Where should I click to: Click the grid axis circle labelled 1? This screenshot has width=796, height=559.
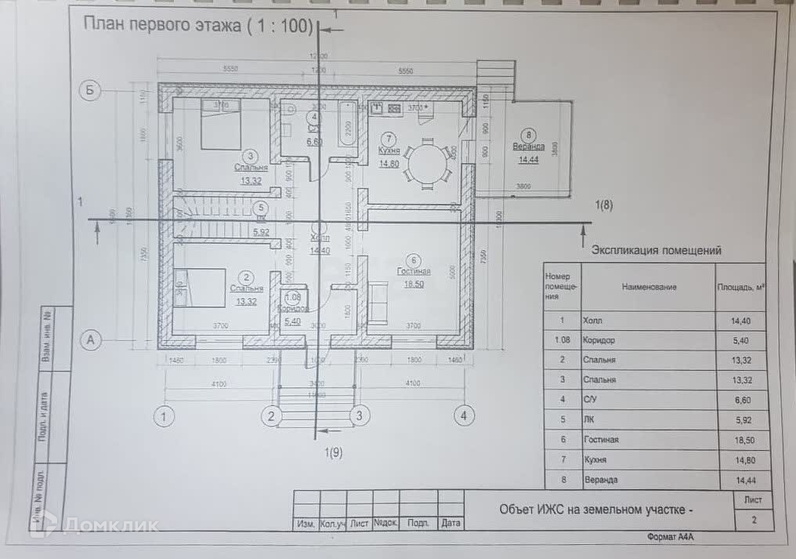tap(163, 416)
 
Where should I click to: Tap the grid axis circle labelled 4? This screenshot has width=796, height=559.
tap(464, 416)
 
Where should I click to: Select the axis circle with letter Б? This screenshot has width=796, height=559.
tap(91, 92)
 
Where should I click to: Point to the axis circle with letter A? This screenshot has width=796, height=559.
tap(91, 339)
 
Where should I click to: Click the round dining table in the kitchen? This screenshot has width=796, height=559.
tap(428, 163)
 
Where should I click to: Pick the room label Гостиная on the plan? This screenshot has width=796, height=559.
tap(414, 270)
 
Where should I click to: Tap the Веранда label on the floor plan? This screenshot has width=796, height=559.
tap(530, 147)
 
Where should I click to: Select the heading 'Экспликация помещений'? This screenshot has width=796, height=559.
tap(656, 251)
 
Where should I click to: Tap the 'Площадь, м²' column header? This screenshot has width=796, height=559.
tap(741, 287)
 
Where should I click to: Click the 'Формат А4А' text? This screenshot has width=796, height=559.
tap(671, 537)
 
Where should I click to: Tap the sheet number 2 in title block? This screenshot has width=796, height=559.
tap(754, 518)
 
